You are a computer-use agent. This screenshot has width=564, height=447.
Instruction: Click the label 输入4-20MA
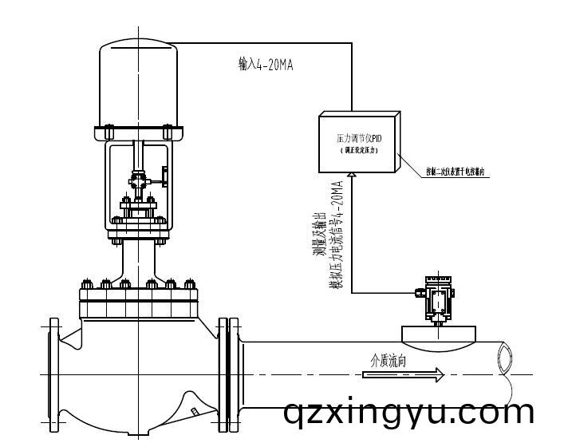coord(266,65)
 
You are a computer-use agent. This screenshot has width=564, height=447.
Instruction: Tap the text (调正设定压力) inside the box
coord(359,150)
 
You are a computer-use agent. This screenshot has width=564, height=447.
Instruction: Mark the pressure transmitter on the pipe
coord(437,299)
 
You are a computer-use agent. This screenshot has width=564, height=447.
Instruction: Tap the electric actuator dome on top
coord(140,85)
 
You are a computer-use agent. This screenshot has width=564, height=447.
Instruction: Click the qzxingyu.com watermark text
coord(409,413)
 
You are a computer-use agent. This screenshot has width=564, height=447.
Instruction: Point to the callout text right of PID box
coord(456,172)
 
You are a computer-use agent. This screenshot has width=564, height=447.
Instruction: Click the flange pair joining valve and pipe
coord(229,375)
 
